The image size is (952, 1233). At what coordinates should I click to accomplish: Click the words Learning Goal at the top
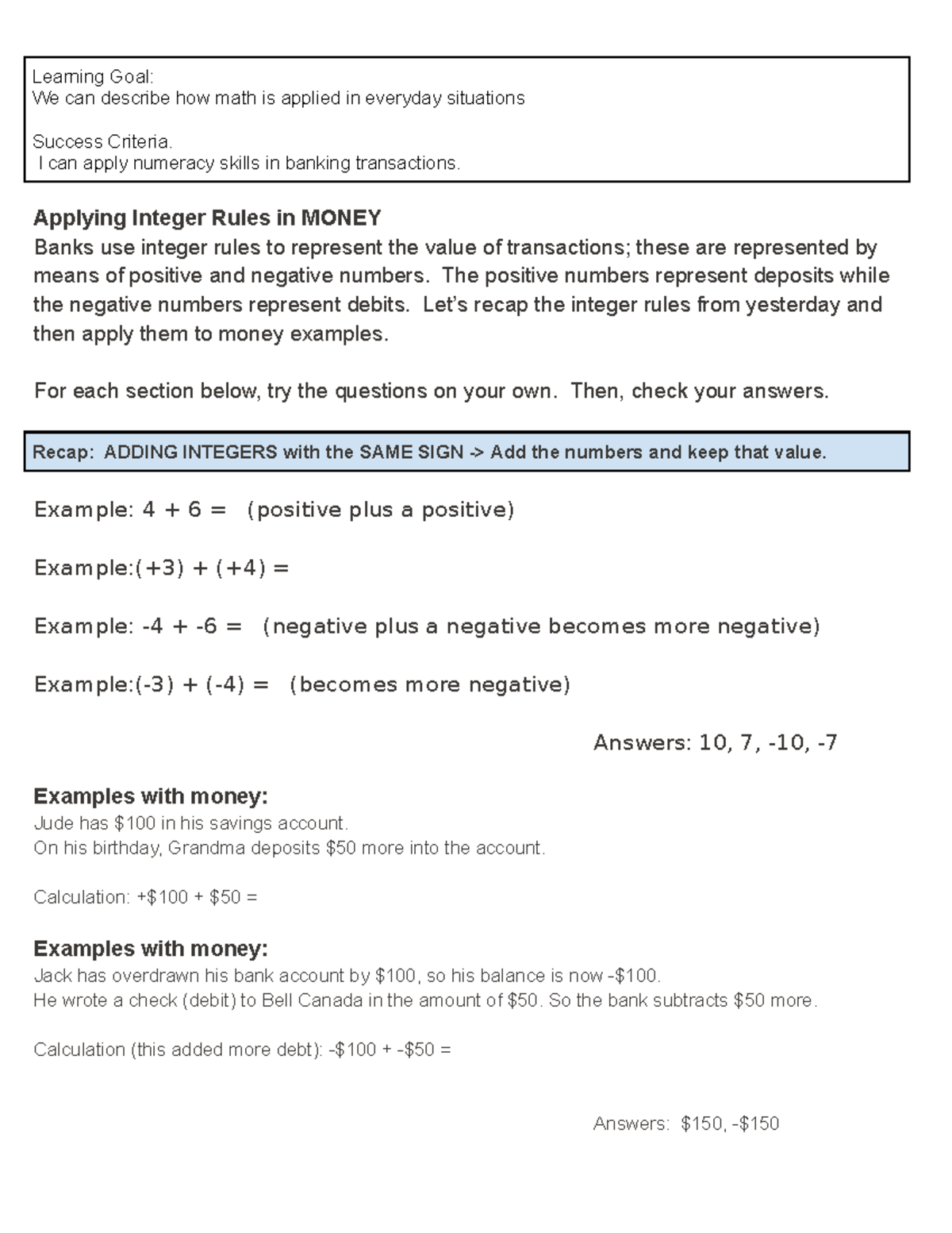[92, 77]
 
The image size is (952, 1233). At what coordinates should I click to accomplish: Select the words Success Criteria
[102, 142]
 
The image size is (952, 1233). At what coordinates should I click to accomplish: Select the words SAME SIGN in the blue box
[411, 453]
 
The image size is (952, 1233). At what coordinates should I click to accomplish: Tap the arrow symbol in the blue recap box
[476, 453]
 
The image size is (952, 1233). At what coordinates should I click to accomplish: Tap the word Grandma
[206, 848]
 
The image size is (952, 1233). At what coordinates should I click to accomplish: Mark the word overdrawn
[155, 976]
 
